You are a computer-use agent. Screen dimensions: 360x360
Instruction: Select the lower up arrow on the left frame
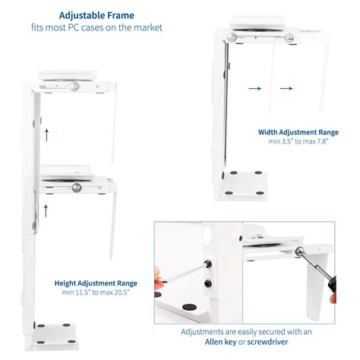[46, 206]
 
